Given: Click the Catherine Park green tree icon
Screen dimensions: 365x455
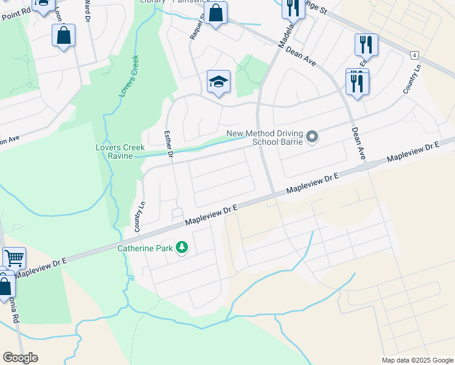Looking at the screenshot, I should (181, 247).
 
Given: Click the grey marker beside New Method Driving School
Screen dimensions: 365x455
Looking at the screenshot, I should (312, 137).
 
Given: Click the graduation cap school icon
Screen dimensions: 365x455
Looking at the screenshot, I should (218, 82).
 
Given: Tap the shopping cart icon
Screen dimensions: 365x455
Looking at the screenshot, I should (13, 258).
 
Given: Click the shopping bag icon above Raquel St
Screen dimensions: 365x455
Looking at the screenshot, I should (215, 13).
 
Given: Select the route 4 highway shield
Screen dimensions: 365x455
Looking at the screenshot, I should (414, 55).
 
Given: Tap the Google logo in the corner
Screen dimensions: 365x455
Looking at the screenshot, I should (20, 358).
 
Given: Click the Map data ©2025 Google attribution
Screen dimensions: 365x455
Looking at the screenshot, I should (417, 360).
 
